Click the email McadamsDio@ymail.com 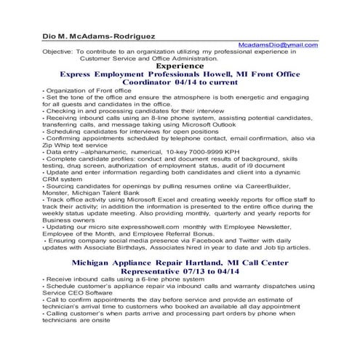click(x=279, y=45)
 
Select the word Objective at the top click(x=56, y=53)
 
